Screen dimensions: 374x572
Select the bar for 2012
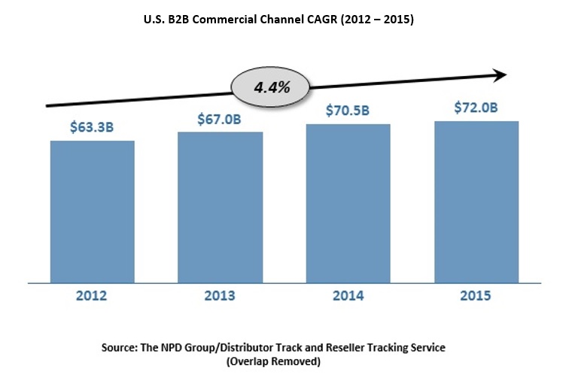coord(92,211)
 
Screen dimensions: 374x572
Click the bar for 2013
coord(220,207)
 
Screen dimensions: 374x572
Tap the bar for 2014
coord(348,203)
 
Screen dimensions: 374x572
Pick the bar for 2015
coord(476,202)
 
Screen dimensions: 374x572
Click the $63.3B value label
coord(92,126)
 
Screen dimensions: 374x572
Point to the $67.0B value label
coord(220,119)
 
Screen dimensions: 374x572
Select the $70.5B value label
coord(348,111)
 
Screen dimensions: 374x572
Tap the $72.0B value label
coord(476,108)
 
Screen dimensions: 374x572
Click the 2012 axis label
coord(92,296)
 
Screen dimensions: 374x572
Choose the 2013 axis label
coord(220,296)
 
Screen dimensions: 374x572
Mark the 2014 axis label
coord(348,296)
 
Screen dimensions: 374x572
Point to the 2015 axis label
coord(476,296)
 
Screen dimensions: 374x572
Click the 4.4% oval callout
coord(272,87)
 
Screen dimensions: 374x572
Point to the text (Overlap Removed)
coord(284,361)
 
